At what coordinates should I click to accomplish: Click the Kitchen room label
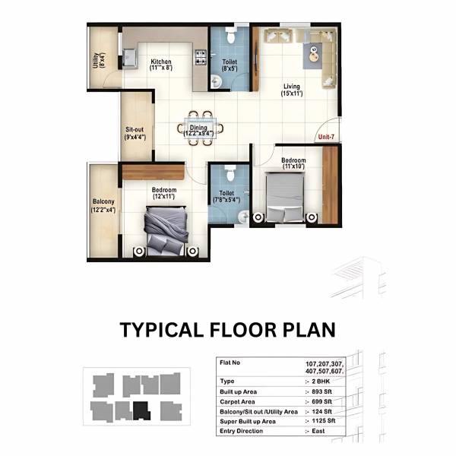pos(161,62)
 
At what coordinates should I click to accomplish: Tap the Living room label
pos(292,86)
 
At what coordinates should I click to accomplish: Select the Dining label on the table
pos(199,128)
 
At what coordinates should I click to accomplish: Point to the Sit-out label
pos(135,129)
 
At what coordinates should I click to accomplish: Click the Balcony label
pos(103,201)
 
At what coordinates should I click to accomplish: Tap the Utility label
pos(96,59)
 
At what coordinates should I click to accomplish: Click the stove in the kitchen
pos(201,56)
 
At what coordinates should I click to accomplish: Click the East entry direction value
pos(319,431)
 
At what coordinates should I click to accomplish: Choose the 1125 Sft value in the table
pos(324,420)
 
